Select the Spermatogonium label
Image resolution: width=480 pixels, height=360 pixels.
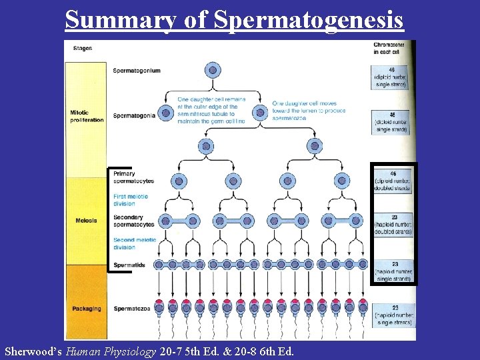tap(136, 71)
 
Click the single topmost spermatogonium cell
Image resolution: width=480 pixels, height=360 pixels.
tap(214, 69)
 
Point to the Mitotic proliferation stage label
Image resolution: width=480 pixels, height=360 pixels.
tap(87, 117)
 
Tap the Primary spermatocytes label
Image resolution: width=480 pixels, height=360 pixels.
tap(133, 177)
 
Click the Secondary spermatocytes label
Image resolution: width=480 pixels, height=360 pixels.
tap(133, 221)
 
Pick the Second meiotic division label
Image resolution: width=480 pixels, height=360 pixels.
tap(134, 243)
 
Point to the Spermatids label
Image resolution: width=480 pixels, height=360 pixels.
tap(129, 265)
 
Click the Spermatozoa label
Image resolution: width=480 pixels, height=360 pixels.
tap(131, 309)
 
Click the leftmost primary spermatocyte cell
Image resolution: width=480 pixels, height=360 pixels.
tap(179, 181)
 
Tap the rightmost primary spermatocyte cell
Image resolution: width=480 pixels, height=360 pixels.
tap(341, 181)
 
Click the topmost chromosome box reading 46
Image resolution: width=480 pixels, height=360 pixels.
tap(392, 77)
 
